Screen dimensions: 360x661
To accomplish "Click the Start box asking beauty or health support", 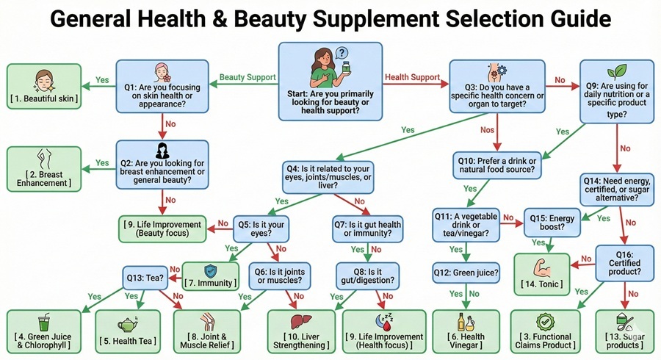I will click(x=330, y=80).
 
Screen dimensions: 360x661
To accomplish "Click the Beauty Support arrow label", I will click(x=248, y=76).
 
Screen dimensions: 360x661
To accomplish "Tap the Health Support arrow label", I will click(x=412, y=76).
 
